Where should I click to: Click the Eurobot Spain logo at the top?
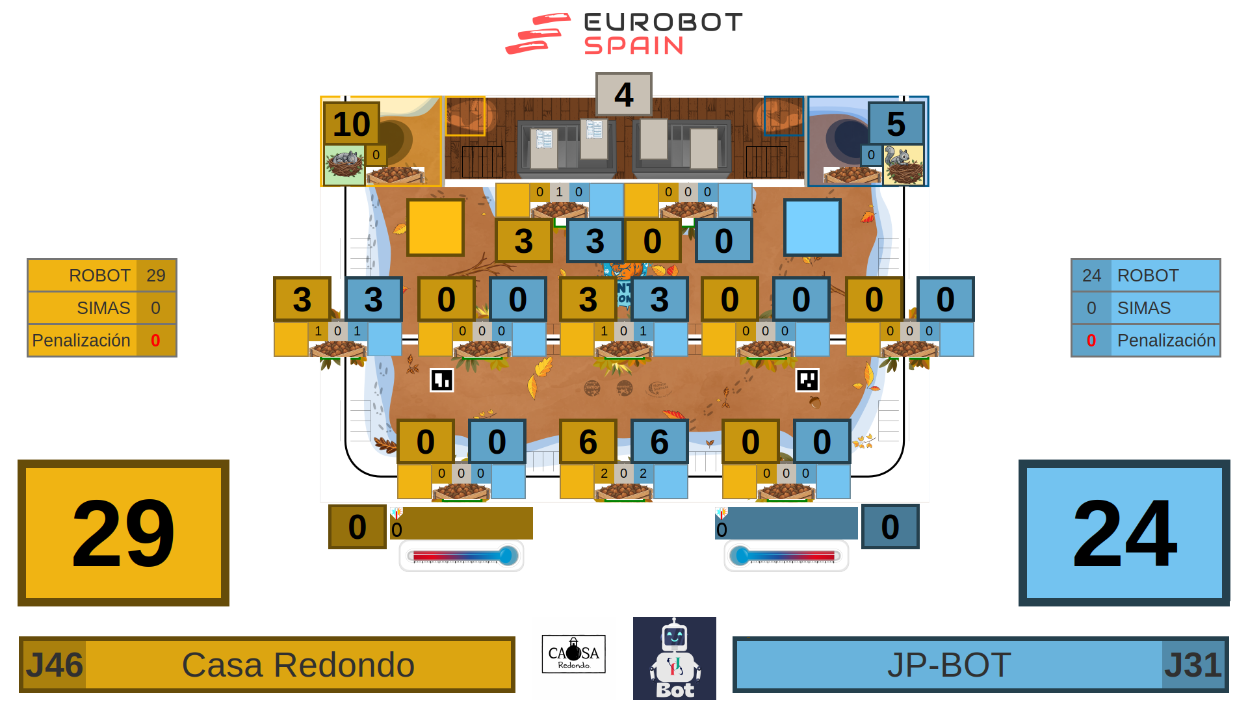tap(624, 34)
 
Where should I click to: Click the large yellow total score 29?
tap(123, 533)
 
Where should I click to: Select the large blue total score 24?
tap(1124, 533)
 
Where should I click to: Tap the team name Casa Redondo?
tap(298, 665)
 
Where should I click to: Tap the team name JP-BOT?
tap(948, 665)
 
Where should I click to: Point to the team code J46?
tap(55, 665)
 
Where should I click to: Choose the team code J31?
tap(1193, 665)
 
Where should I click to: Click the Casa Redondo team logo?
tap(573, 655)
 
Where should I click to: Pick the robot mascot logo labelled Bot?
tap(675, 658)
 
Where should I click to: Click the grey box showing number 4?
tap(623, 95)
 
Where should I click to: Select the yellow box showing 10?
tap(351, 123)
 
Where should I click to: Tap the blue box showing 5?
tap(896, 123)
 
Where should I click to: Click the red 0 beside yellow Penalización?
tap(155, 341)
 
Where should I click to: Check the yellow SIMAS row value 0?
tap(155, 308)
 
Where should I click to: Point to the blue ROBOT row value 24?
tap(1091, 276)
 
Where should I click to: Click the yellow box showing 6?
tap(588, 442)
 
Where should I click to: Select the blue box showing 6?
tap(659, 442)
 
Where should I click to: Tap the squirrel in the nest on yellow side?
tap(344, 164)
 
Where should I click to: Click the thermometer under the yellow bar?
tap(461, 556)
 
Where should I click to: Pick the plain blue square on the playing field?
tap(812, 227)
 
